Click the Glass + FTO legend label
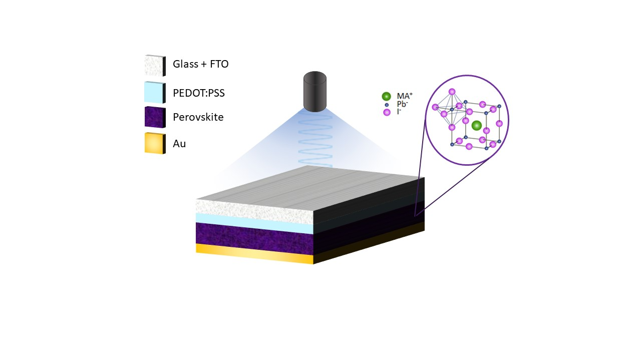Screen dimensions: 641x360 click(201, 64)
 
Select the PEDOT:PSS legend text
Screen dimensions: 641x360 click(199, 93)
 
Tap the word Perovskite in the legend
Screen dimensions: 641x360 click(198, 117)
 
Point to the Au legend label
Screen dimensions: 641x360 click(179, 143)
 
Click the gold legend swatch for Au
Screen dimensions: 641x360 click(155, 143)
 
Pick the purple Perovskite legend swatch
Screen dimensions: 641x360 click(155, 117)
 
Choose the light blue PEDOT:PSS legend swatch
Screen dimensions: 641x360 click(155, 93)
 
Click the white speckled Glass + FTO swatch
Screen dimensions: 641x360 click(155, 66)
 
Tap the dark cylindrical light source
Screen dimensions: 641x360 click(315, 91)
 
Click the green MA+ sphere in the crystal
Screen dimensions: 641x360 click(476, 125)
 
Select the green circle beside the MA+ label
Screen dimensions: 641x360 click(386, 96)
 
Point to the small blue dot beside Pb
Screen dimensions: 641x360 click(387, 105)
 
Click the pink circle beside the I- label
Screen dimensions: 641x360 click(387, 112)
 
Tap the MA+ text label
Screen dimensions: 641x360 click(405, 96)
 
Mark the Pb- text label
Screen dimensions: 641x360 click(402, 104)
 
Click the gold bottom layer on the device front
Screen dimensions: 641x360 click(255, 253)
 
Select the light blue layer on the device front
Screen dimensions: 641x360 click(255, 223)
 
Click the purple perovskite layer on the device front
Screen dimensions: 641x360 click(255, 238)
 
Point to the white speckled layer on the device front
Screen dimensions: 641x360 click(255, 211)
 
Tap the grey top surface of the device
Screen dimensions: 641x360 click(310, 189)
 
